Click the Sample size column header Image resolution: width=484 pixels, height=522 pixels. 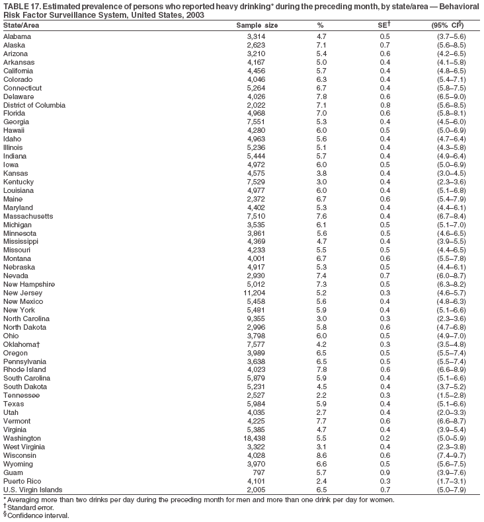click(257, 24)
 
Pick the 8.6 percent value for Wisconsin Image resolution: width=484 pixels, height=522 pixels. click(322, 455)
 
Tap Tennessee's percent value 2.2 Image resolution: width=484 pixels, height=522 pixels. click(322, 395)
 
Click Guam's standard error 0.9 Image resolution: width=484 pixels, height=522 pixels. click(385, 473)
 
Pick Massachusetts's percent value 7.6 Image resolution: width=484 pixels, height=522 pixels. click(322, 215)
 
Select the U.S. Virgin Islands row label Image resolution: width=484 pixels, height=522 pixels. click(32, 490)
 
